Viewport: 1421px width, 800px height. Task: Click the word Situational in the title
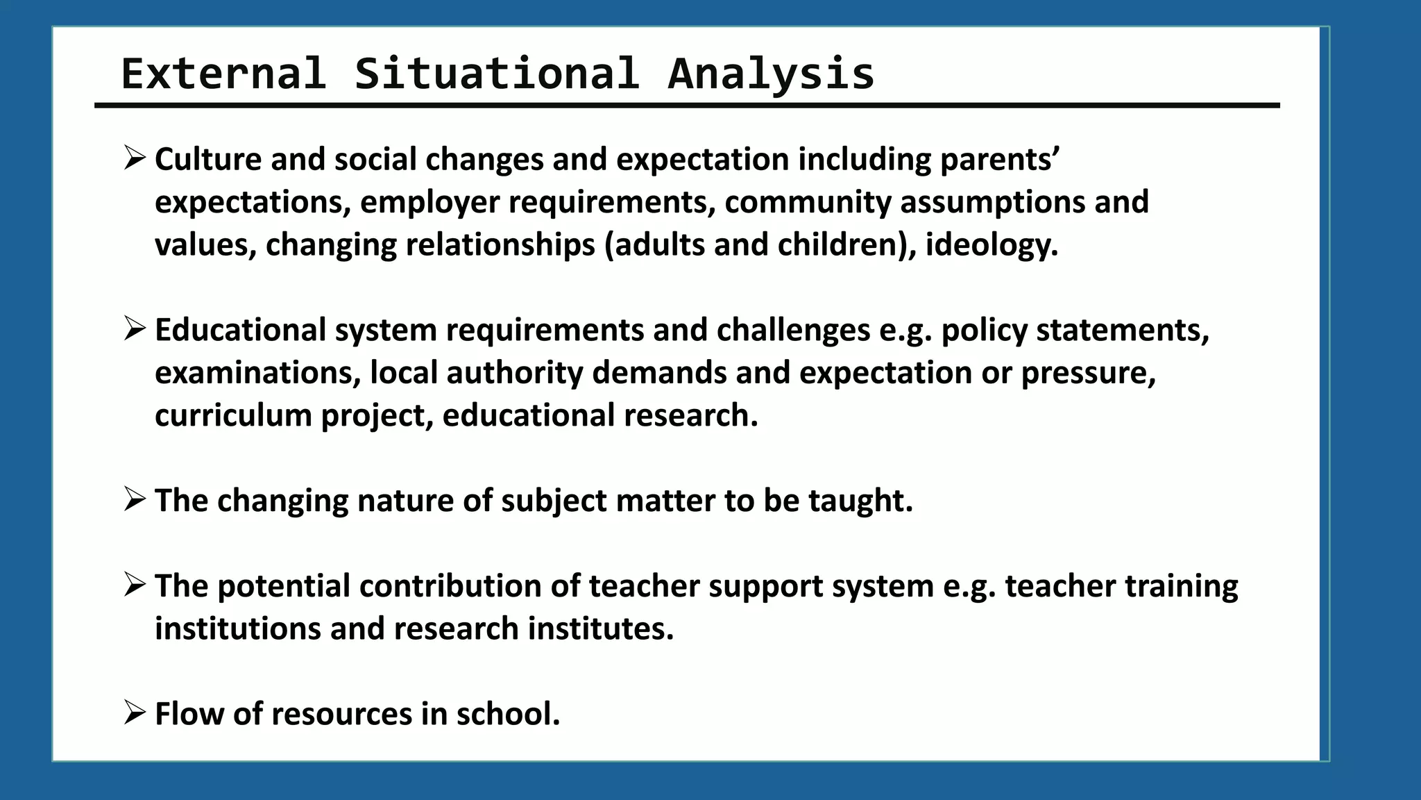click(496, 74)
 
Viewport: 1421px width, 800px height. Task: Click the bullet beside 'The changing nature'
click(134, 499)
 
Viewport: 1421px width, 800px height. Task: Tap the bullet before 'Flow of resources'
click(134, 712)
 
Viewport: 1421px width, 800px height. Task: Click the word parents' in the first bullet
click(999, 160)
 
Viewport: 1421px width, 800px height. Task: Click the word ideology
click(992, 245)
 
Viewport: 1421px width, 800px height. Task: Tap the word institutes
click(600, 628)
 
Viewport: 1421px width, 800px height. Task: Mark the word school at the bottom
click(507, 714)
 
